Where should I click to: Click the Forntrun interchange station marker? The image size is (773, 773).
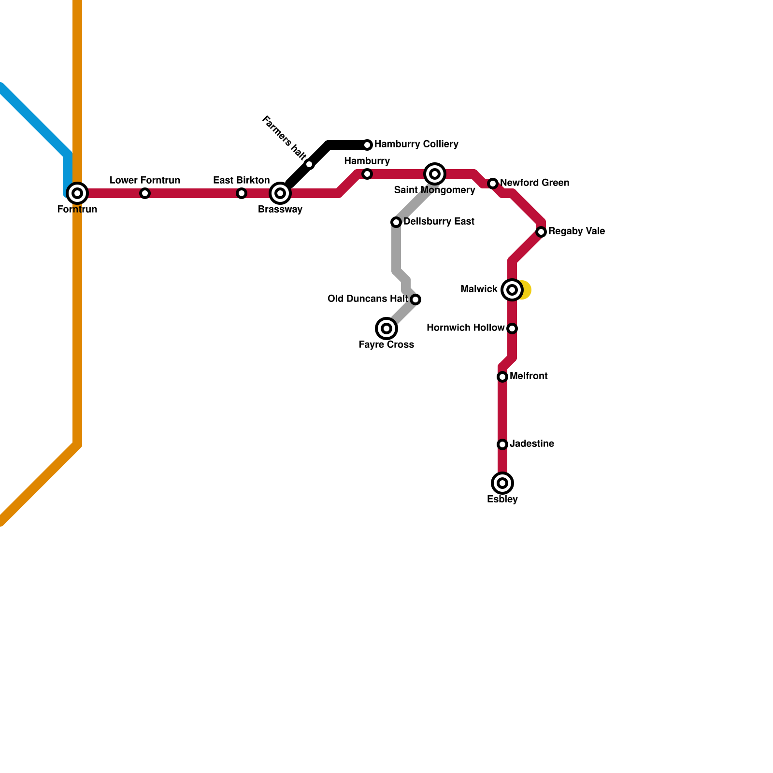(77, 193)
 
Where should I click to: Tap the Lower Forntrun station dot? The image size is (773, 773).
(145, 193)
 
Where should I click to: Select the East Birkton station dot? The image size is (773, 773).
(242, 193)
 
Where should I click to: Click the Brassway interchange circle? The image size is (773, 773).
(280, 193)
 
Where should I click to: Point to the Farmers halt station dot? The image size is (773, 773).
(309, 164)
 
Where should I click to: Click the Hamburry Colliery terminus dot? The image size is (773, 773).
(367, 145)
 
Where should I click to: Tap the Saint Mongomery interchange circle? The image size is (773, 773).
(435, 174)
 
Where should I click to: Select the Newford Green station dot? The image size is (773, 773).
(493, 184)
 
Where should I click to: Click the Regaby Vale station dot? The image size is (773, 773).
(542, 232)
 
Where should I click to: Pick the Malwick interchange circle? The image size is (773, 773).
(512, 290)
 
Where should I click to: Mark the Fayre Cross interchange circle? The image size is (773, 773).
(386, 329)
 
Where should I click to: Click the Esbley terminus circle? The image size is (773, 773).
(502, 483)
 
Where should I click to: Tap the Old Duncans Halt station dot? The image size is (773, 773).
(415, 300)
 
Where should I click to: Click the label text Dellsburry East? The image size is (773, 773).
(439, 222)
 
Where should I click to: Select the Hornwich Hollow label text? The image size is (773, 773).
(465, 328)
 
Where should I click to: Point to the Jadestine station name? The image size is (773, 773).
(531, 444)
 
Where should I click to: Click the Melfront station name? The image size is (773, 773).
(529, 376)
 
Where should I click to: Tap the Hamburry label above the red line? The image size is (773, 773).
(367, 161)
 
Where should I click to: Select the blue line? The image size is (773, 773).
(34, 121)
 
